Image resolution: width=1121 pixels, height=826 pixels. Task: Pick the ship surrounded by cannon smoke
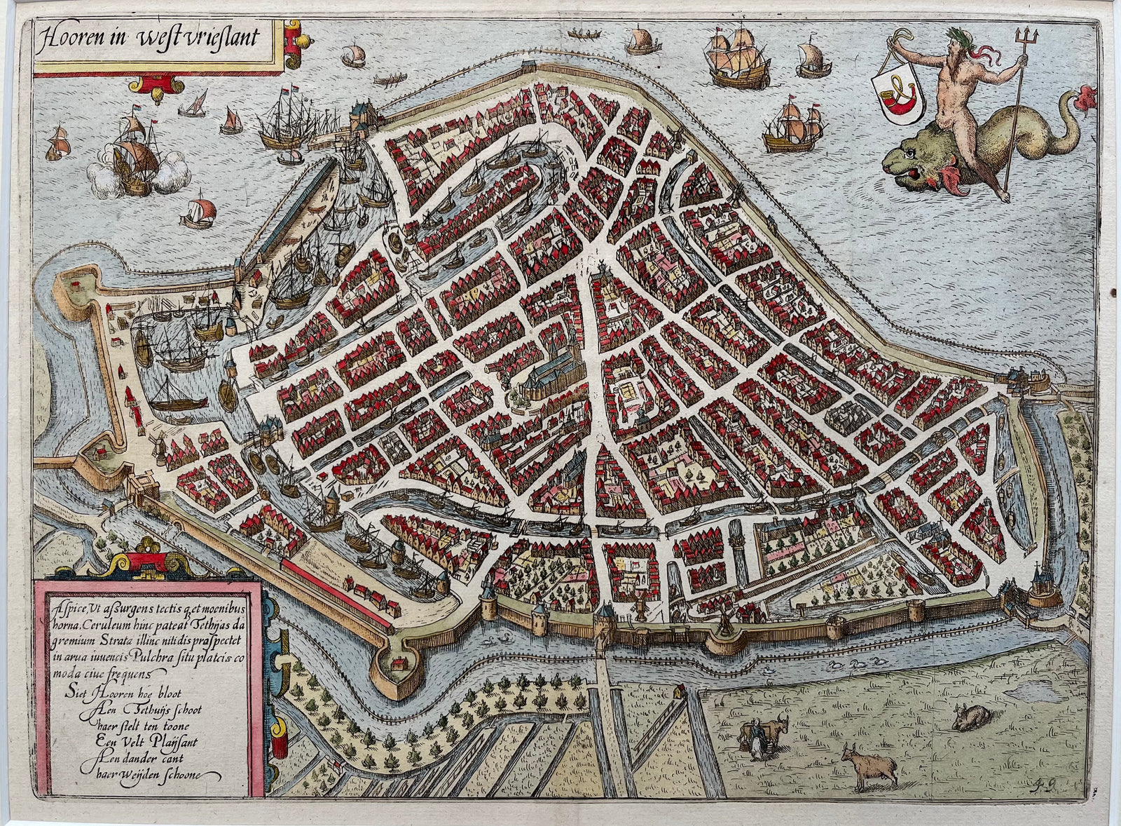(133, 165)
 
